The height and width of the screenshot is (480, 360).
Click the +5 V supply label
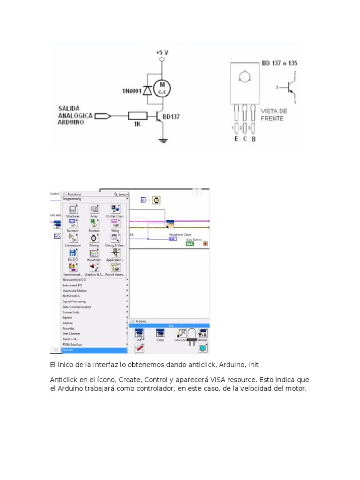[x=162, y=53]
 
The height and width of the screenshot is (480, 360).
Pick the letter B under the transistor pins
[x=254, y=139]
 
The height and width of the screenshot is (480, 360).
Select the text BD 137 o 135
[x=279, y=63]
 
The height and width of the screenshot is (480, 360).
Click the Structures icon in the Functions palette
[x=73, y=210]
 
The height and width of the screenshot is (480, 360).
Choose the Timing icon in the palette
[x=94, y=238]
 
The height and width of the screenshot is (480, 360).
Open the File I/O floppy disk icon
[x=73, y=253]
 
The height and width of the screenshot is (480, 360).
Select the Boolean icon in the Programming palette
[x=94, y=224]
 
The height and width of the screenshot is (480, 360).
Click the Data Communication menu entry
[x=77, y=307]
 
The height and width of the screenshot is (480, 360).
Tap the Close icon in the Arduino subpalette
[x=160, y=333]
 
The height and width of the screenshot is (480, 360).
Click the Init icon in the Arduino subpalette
[x=139, y=333]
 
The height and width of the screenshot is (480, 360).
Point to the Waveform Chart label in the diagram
[x=180, y=234]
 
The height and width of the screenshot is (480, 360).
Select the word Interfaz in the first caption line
[x=97, y=364]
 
